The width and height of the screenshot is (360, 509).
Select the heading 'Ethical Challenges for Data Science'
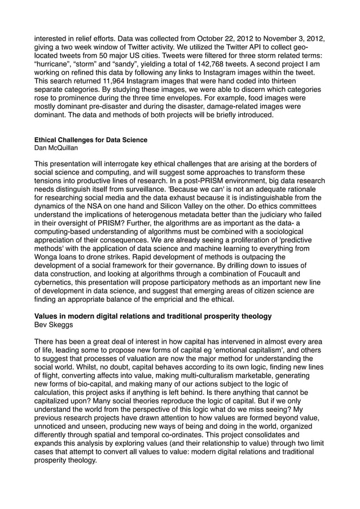click(91, 140)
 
